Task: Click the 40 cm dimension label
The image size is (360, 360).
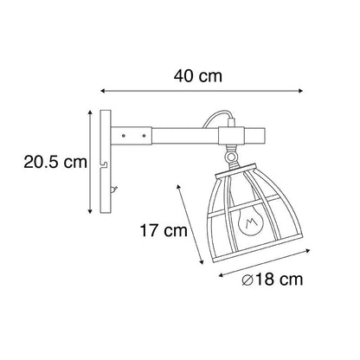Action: pyautogui.click(x=198, y=76)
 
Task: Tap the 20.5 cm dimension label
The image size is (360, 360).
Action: pyautogui.click(x=55, y=162)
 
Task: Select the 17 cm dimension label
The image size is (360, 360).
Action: pyautogui.click(x=164, y=231)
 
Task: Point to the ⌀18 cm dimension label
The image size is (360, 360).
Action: pyautogui.click(x=273, y=280)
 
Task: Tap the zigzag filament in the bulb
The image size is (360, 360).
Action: pyautogui.click(x=250, y=222)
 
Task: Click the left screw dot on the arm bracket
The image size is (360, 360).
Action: pyautogui.click(x=124, y=135)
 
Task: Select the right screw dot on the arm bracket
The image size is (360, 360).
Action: pyautogui.click(x=144, y=135)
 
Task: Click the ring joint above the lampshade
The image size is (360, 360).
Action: pyautogui.click(x=230, y=157)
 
